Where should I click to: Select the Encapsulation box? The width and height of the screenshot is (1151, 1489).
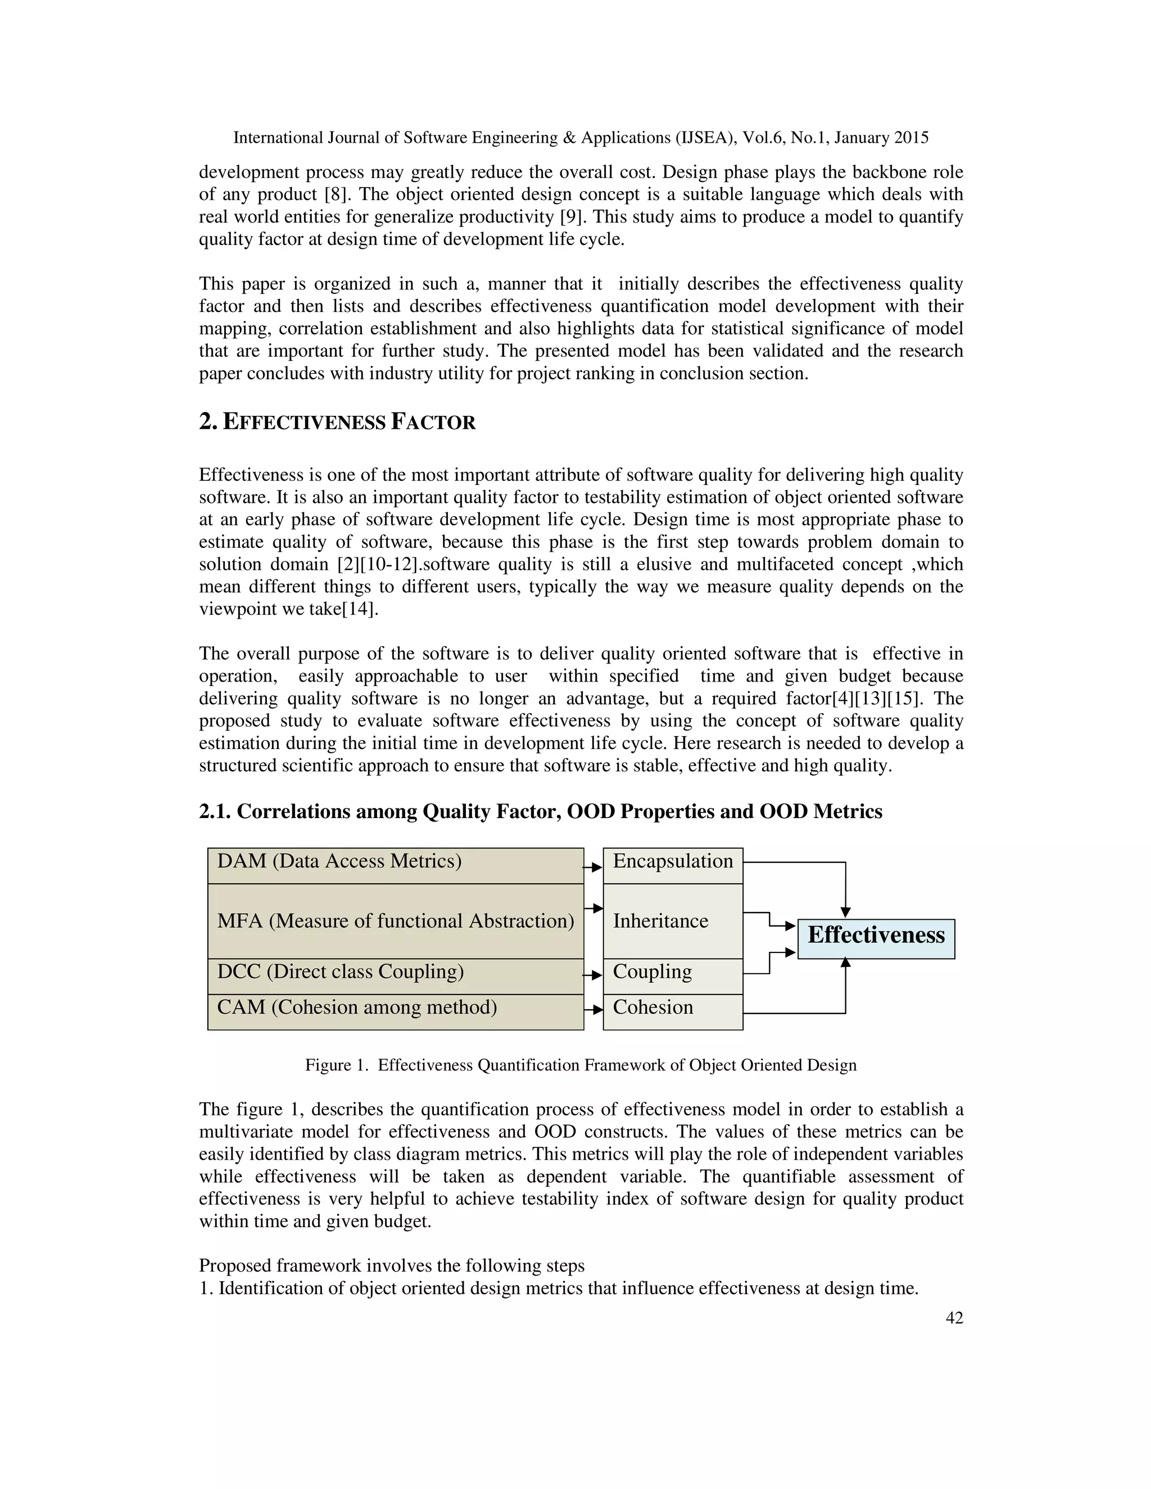tap(672, 865)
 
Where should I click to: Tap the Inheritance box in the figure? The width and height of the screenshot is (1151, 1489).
tap(672, 921)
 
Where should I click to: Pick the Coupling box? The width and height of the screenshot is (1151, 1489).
tap(672, 975)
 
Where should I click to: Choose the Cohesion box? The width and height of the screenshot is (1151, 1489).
tap(672, 1012)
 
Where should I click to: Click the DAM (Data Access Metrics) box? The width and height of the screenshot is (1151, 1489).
tap(396, 865)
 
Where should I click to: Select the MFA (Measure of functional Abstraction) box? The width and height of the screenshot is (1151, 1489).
tap(396, 921)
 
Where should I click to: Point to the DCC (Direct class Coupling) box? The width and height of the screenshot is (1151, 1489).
tap(396, 975)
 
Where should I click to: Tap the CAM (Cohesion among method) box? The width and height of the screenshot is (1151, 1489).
tap(396, 1012)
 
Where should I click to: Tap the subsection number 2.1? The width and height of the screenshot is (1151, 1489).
tap(215, 811)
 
